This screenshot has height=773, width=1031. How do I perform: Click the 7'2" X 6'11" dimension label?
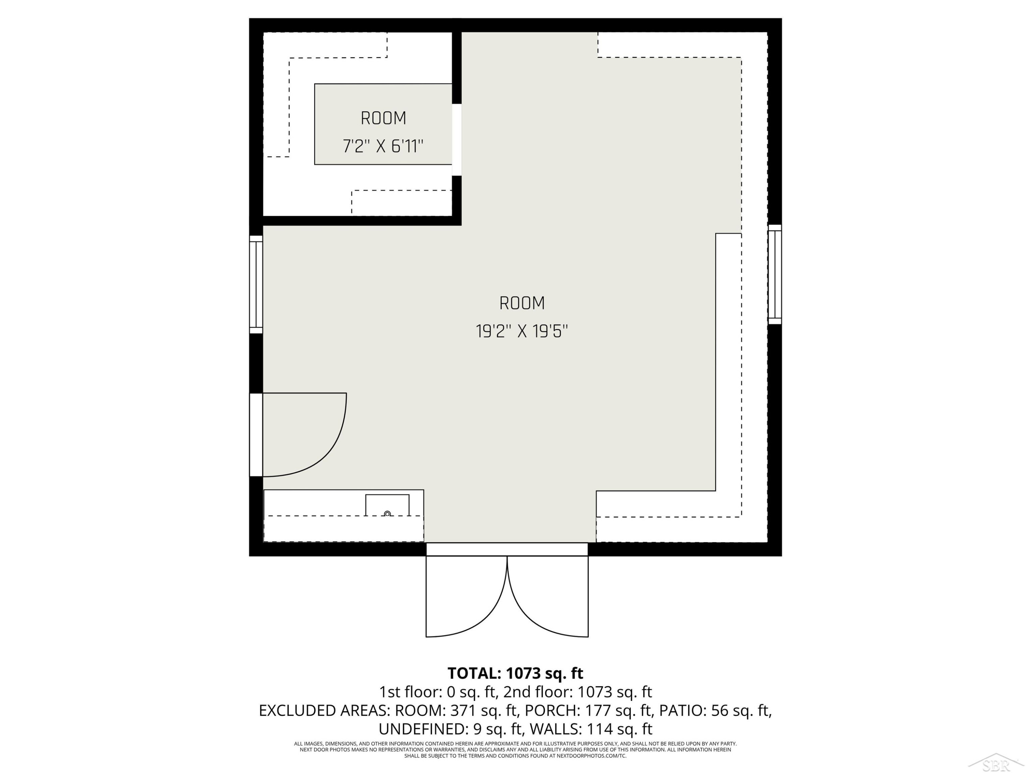[x=383, y=146]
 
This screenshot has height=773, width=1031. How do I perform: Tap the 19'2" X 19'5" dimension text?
[x=522, y=332]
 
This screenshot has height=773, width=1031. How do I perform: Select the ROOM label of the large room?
[x=522, y=303]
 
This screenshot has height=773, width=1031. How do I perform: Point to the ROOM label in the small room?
[x=384, y=118]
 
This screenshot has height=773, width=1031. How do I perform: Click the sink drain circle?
[x=387, y=514]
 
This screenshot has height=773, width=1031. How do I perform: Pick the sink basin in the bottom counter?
[x=387, y=505]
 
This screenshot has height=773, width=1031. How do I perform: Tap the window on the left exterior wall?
[x=256, y=284]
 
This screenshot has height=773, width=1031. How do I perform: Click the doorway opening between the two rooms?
[x=457, y=140]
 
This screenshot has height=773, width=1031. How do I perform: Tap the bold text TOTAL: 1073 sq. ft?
[x=515, y=673]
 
